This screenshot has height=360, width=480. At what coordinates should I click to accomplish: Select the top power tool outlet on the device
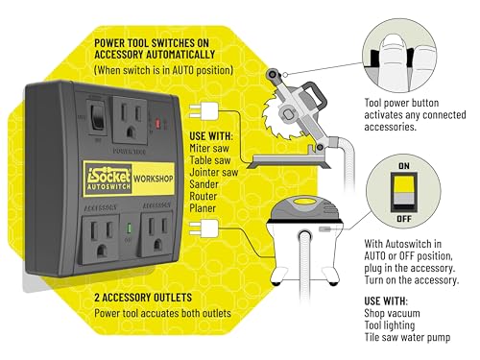[132, 120]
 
